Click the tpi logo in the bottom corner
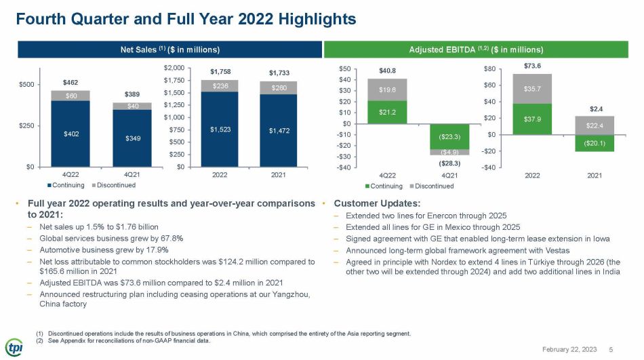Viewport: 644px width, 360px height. (x=14, y=347)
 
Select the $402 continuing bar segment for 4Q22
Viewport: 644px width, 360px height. (x=71, y=134)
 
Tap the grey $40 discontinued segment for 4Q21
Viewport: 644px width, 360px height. (x=132, y=106)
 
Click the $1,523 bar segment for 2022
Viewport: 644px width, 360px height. (x=220, y=129)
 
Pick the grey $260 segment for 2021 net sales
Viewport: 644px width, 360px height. (x=279, y=88)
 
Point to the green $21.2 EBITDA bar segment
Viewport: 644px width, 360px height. (x=387, y=112)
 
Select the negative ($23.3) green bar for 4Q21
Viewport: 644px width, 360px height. (x=449, y=136)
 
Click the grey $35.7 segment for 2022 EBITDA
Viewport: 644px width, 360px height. (x=532, y=89)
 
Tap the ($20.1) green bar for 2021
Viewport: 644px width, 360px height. (x=595, y=143)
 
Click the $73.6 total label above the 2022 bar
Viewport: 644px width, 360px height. (x=532, y=66)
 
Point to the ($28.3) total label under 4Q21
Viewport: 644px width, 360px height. (x=449, y=163)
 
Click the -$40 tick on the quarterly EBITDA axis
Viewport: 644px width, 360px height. (x=344, y=167)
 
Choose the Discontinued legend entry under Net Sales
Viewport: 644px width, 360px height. (x=114, y=185)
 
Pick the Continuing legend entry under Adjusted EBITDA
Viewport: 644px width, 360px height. (x=384, y=186)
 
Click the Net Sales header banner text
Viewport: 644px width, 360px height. (x=170, y=49)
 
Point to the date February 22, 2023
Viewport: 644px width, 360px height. (x=569, y=349)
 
